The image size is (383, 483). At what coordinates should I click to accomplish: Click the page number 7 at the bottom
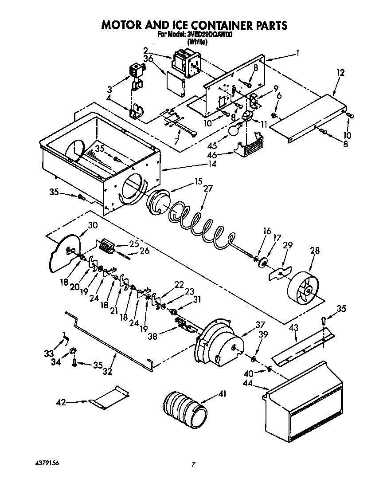[193, 464]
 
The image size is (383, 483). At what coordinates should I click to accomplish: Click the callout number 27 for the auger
[208, 188]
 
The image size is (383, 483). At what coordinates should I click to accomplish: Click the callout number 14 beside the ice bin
[212, 164]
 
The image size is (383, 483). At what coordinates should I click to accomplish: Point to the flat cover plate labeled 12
[310, 116]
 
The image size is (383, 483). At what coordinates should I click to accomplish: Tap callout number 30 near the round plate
[92, 225]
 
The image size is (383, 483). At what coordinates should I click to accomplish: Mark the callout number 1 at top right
[297, 52]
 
